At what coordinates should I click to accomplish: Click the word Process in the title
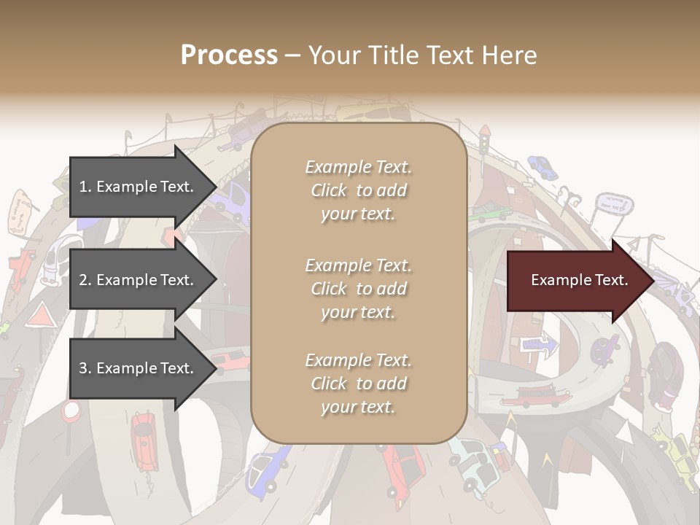pyautogui.click(x=229, y=55)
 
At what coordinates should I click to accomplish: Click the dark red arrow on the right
pyautogui.click(x=580, y=281)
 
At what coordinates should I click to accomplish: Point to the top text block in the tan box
pyautogui.click(x=358, y=190)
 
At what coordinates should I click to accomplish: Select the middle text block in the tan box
pyautogui.click(x=358, y=289)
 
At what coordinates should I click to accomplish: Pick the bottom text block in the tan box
pyautogui.click(x=358, y=384)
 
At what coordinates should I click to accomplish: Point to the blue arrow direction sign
pyautogui.click(x=540, y=343)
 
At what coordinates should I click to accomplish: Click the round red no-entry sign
pyautogui.click(x=71, y=411)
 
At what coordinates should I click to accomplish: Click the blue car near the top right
pyautogui.click(x=542, y=167)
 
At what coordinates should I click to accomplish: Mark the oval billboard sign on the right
pyautogui.click(x=612, y=203)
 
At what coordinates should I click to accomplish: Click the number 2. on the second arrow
pyautogui.click(x=85, y=280)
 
